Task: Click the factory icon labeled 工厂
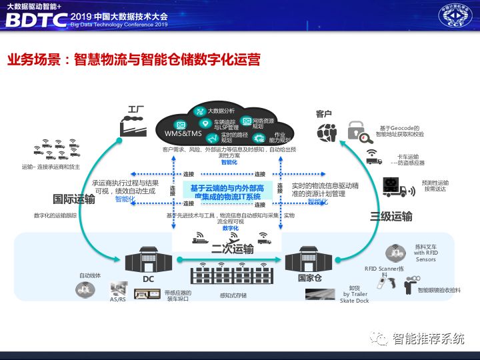[x=133, y=125]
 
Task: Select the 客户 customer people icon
[x=327, y=131]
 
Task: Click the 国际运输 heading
[x=74, y=198]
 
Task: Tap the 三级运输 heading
[x=391, y=216]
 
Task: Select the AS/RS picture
[x=118, y=289]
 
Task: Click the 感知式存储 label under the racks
[x=233, y=295]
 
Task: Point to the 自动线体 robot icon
[x=85, y=288]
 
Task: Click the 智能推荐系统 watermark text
[x=427, y=339]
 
